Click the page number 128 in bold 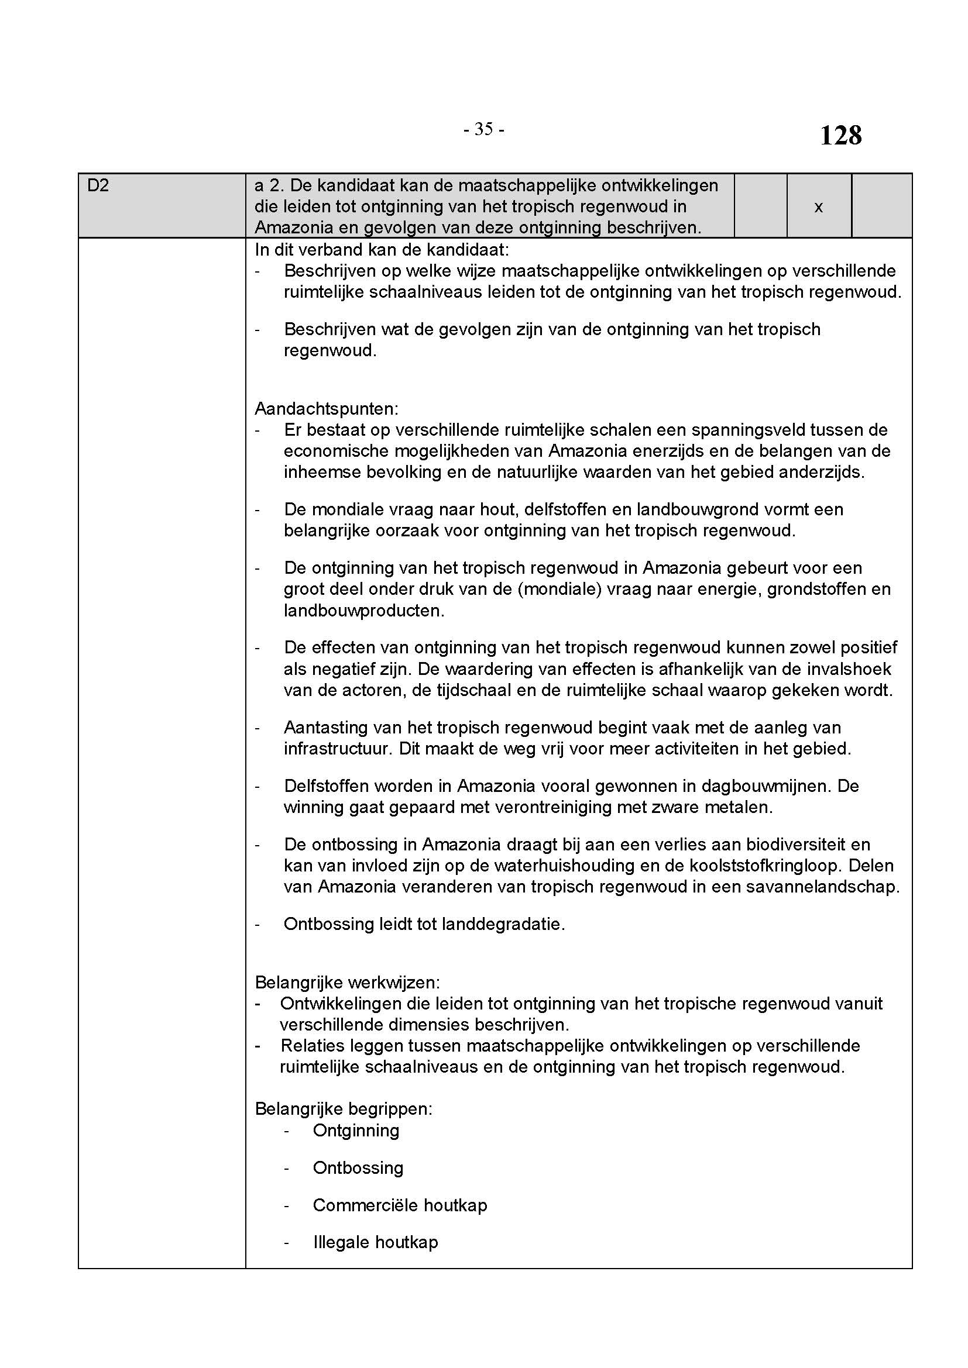(x=840, y=136)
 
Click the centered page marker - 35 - (x=484, y=129)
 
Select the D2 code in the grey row (x=98, y=186)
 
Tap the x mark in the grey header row (x=818, y=206)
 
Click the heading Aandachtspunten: (x=326, y=409)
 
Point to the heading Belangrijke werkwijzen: (x=348, y=983)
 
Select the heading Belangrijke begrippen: (x=344, y=1109)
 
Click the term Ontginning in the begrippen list (x=356, y=1131)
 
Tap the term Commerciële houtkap (x=399, y=1205)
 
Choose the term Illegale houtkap (x=376, y=1242)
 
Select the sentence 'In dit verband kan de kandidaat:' (x=382, y=249)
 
